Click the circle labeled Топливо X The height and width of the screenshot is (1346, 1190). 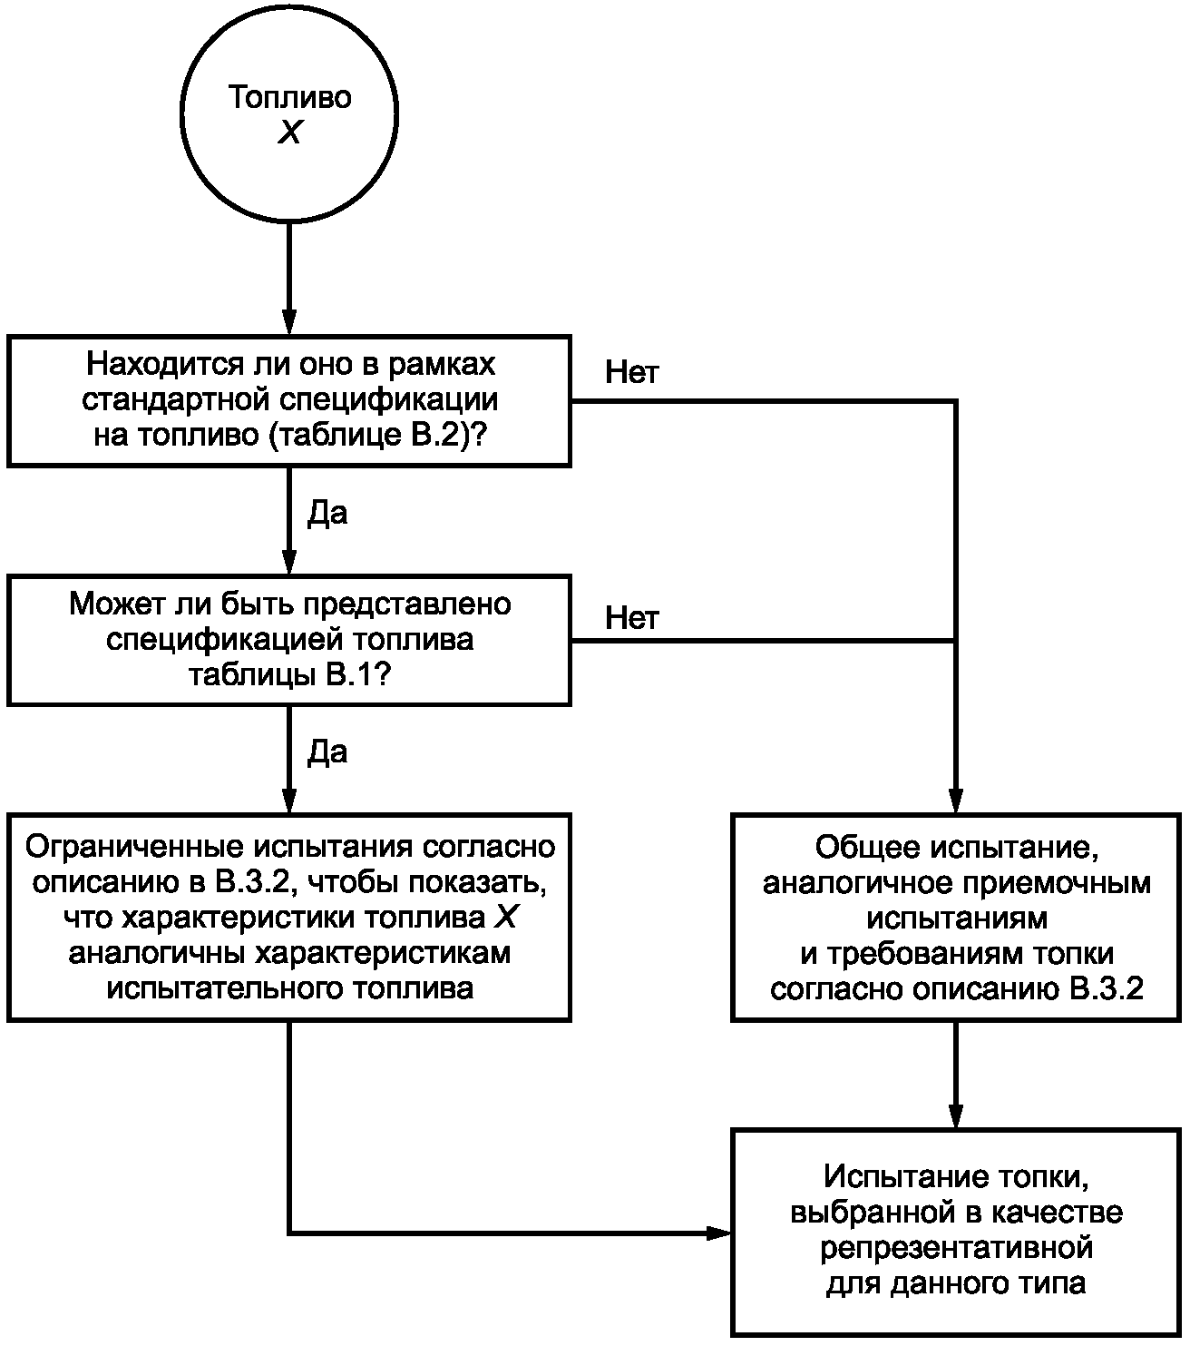point(289,113)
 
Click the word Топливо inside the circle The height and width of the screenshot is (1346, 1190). point(289,97)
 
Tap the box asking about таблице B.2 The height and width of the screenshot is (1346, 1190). point(289,400)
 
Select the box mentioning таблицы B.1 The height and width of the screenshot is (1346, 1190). point(289,640)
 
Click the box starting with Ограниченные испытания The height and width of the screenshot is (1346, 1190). point(289,918)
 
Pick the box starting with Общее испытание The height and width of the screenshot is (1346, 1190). point(956,918)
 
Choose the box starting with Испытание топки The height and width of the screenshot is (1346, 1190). point(956,1231)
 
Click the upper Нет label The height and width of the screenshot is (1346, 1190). point(631,372)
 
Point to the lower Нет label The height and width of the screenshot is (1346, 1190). point(631,618)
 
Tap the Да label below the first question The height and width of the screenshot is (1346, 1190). point(327,514)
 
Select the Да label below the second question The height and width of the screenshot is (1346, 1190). point(327,752)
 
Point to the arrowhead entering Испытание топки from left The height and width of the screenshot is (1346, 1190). point(720,1233)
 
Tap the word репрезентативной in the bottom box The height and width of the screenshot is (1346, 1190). point(956,1248)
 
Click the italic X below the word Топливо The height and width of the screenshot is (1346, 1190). point(289,133)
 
